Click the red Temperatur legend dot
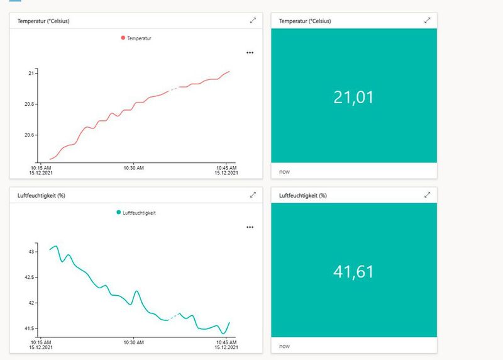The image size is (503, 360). tap(123, 38)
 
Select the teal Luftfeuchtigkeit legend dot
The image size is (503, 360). tap(119, 213)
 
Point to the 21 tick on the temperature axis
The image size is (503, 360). tap(31, 74)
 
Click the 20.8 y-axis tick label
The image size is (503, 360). tap(29, 104)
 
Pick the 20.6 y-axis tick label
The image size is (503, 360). tap(29, 135)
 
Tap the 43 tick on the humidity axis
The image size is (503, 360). tap(31, 252)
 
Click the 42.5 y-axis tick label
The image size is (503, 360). tap(29, 277)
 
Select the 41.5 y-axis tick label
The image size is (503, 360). tap(29, 329)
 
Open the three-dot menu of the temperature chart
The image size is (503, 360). tap(250, 53)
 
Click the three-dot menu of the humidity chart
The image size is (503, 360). tap(250, 227)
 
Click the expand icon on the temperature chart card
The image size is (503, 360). tap(253, 21)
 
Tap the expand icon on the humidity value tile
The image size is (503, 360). tap(428, 195)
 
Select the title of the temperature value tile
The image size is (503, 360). tap(305, 21)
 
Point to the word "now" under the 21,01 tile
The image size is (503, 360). tap(284, 171)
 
